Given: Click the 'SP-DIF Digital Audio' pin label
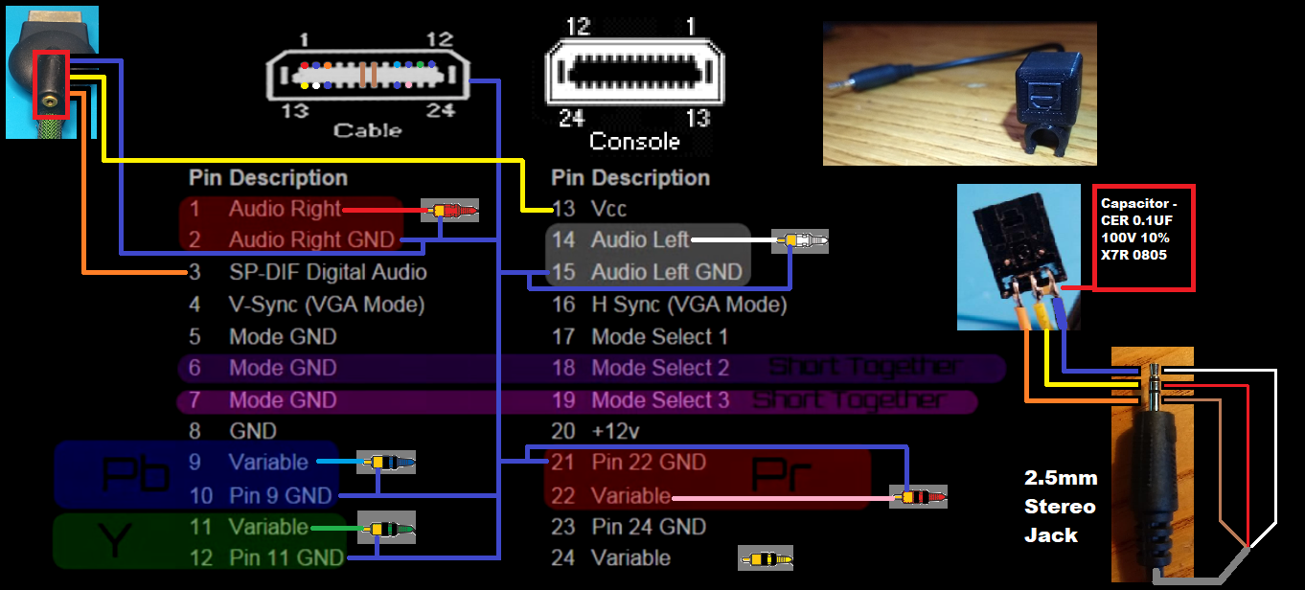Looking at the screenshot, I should pyautogui.click(x=328, y=272).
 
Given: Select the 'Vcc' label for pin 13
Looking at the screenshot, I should pyautogui.click(x=609, y=208).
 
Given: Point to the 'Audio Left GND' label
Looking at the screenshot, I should pyautogui.click(x=666, y=272).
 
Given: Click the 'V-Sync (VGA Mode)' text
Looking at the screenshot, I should pyautogui.click(x=326, y=305).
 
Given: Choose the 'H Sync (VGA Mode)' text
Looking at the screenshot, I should pyautogui.click(x=689, y=305).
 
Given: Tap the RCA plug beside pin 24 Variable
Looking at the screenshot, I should pyautogui.click(x=766, y=557).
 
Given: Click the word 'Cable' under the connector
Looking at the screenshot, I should pyautogui.click(x=367, y=130).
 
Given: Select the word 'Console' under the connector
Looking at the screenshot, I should pyautogui.click(x=634, y=142).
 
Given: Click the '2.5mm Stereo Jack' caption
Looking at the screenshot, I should pyautogui.click(x=1060, y=506).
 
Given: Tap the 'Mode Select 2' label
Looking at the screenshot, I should pyautogui.click(x=660, y=368).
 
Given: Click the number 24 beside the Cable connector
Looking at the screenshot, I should pyautogui.click(x=440, y=110).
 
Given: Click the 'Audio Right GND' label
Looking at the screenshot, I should pyautogui.click(x=311, y=239).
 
